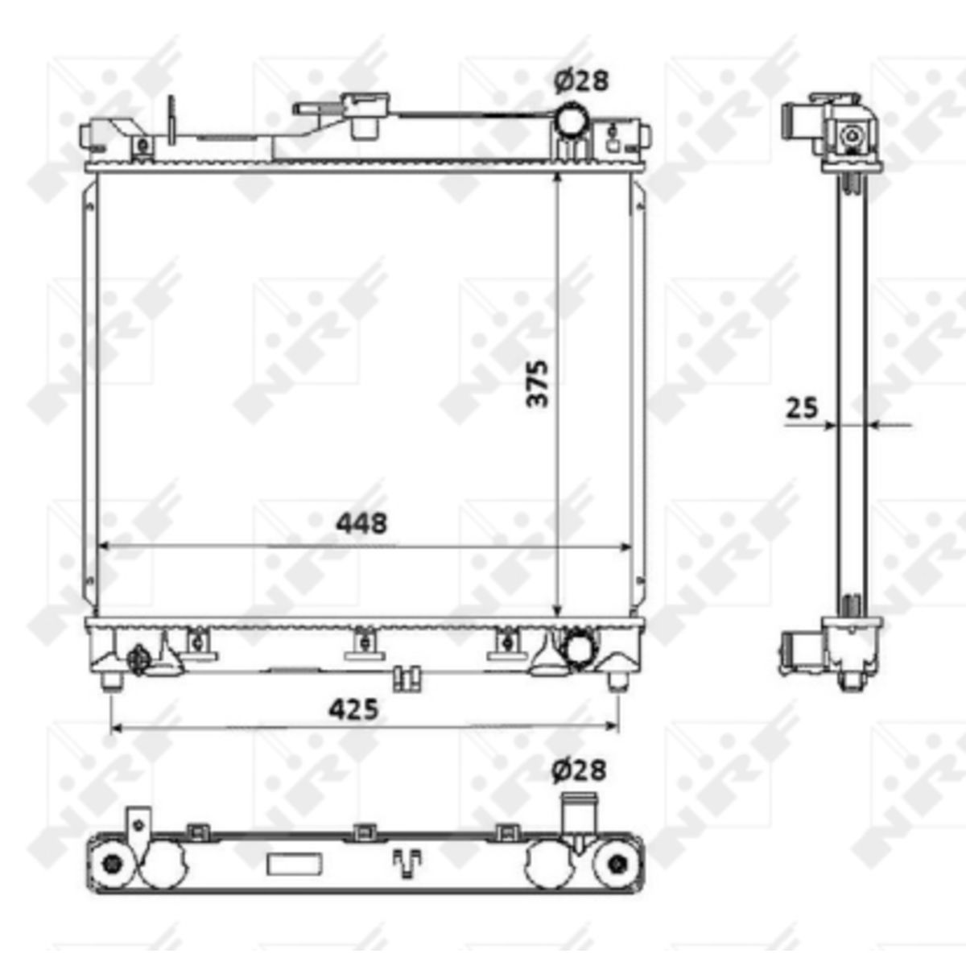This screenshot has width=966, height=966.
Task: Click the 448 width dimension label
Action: (x=362, y=523)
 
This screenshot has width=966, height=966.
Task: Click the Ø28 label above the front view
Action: (x=581, y=81)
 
